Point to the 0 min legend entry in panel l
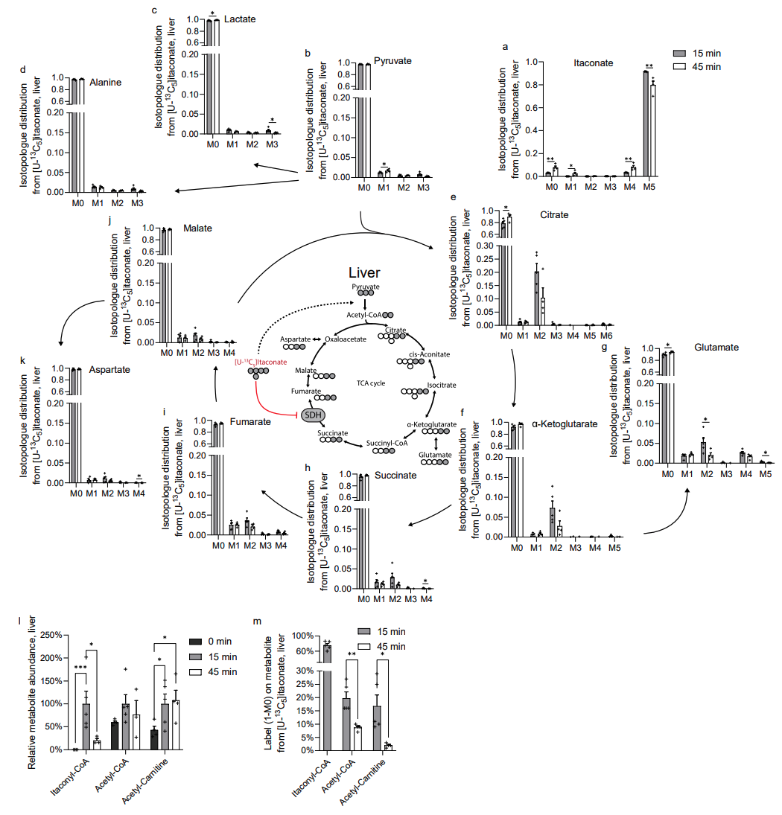(221, 641)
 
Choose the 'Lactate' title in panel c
(241, 19)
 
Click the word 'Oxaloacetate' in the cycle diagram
(346, 339)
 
